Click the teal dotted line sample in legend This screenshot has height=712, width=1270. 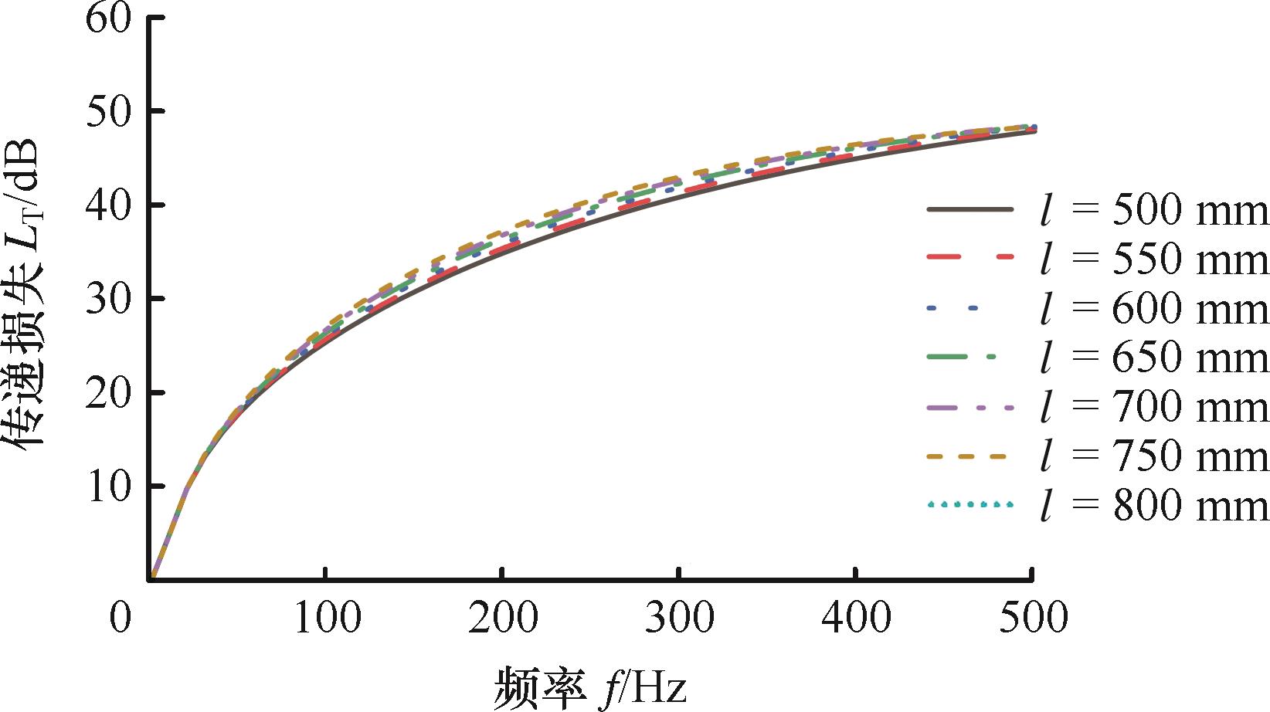click(x=969, y=505)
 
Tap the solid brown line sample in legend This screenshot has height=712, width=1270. click(x=969, y=209)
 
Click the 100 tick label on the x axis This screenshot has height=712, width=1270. click(x=326, y=618)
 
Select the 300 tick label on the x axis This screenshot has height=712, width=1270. click(x=678, y=618)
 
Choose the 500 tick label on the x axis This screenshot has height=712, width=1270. click(x=1032, y=618)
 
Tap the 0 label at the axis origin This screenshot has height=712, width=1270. click(x=120, y=618)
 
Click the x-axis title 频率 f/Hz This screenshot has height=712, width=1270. click(x=590, y=685)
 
